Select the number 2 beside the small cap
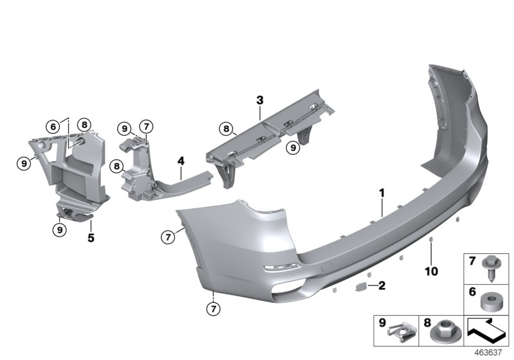tap(382, 285)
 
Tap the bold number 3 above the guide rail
tap(260, 100)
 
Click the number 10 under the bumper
tap(430, 271)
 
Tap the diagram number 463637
tap(490, 352)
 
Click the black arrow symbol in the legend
tap(486, 332)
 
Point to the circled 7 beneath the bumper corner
tap(213, 309)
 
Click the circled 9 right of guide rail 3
tap(293, 148)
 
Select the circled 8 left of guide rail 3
tap(226, 129)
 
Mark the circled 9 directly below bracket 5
tap(58, 228)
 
